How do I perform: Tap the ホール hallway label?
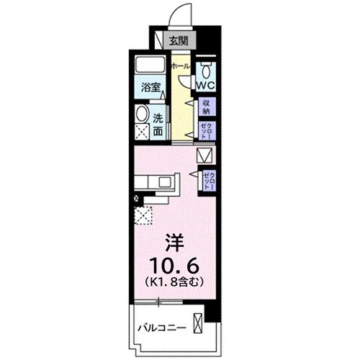coord(180,66)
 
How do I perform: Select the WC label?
coord(206,83)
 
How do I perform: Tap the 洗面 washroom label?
coord(158,125)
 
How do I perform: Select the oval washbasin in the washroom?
coord(142,114)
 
